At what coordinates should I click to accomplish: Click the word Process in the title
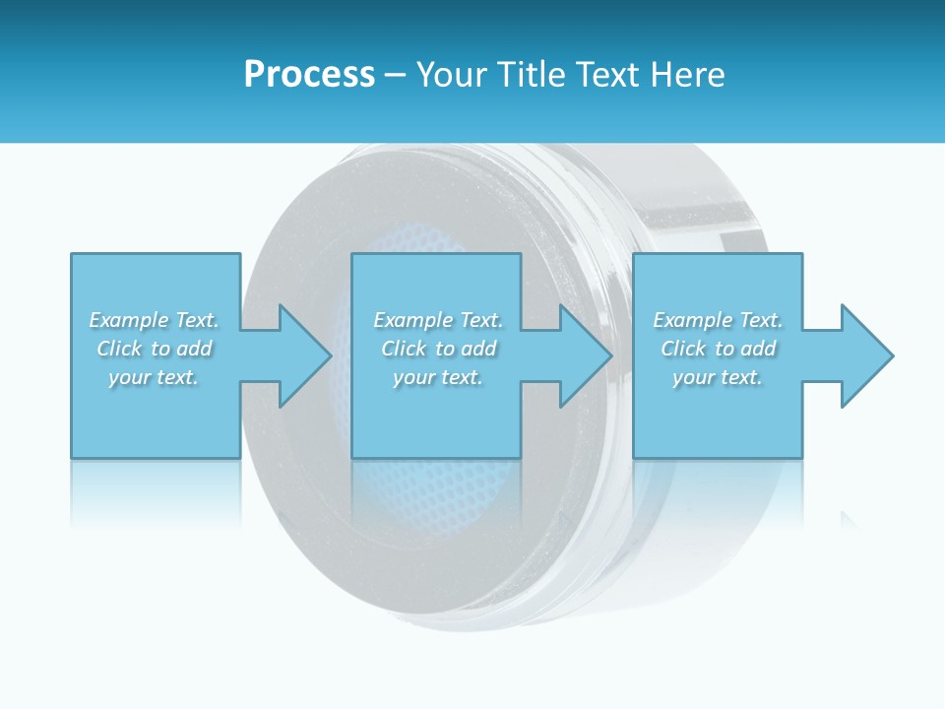pyautogui.click(x=309, y=75)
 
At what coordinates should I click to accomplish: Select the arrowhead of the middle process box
pyautogui.click(x=584, y=355)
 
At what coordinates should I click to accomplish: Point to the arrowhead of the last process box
pyautogui.click(x=864, y=355)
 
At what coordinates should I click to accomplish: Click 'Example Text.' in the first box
pyautogui.click(x=154, y=320)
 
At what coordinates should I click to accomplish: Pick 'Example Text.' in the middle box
pyautogui.click(x=438, y=320)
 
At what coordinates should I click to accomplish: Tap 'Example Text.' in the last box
pyautogui.click(x=718, y=320)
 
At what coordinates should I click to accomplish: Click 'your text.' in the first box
pyautogui.click(x=154, y=377)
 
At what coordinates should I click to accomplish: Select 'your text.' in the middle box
pyautogui.click(x=438, y=377)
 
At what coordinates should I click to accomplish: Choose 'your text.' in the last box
pyautogui.click(x=718, y=377)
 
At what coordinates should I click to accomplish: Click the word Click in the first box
pyautogui.click(x=120, y=349)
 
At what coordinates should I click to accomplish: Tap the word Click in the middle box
pyautogui.click(x=405, y=349)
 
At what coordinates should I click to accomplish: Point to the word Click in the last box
pyautogui.click(x=684, y=349)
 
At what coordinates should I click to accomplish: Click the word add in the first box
pyautogui.click(x=195, y=349)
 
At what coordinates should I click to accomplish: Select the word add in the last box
pyautogui.click(x=759, y=349)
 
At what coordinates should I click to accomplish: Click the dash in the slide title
pyautogui.click(x=396, y=75)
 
